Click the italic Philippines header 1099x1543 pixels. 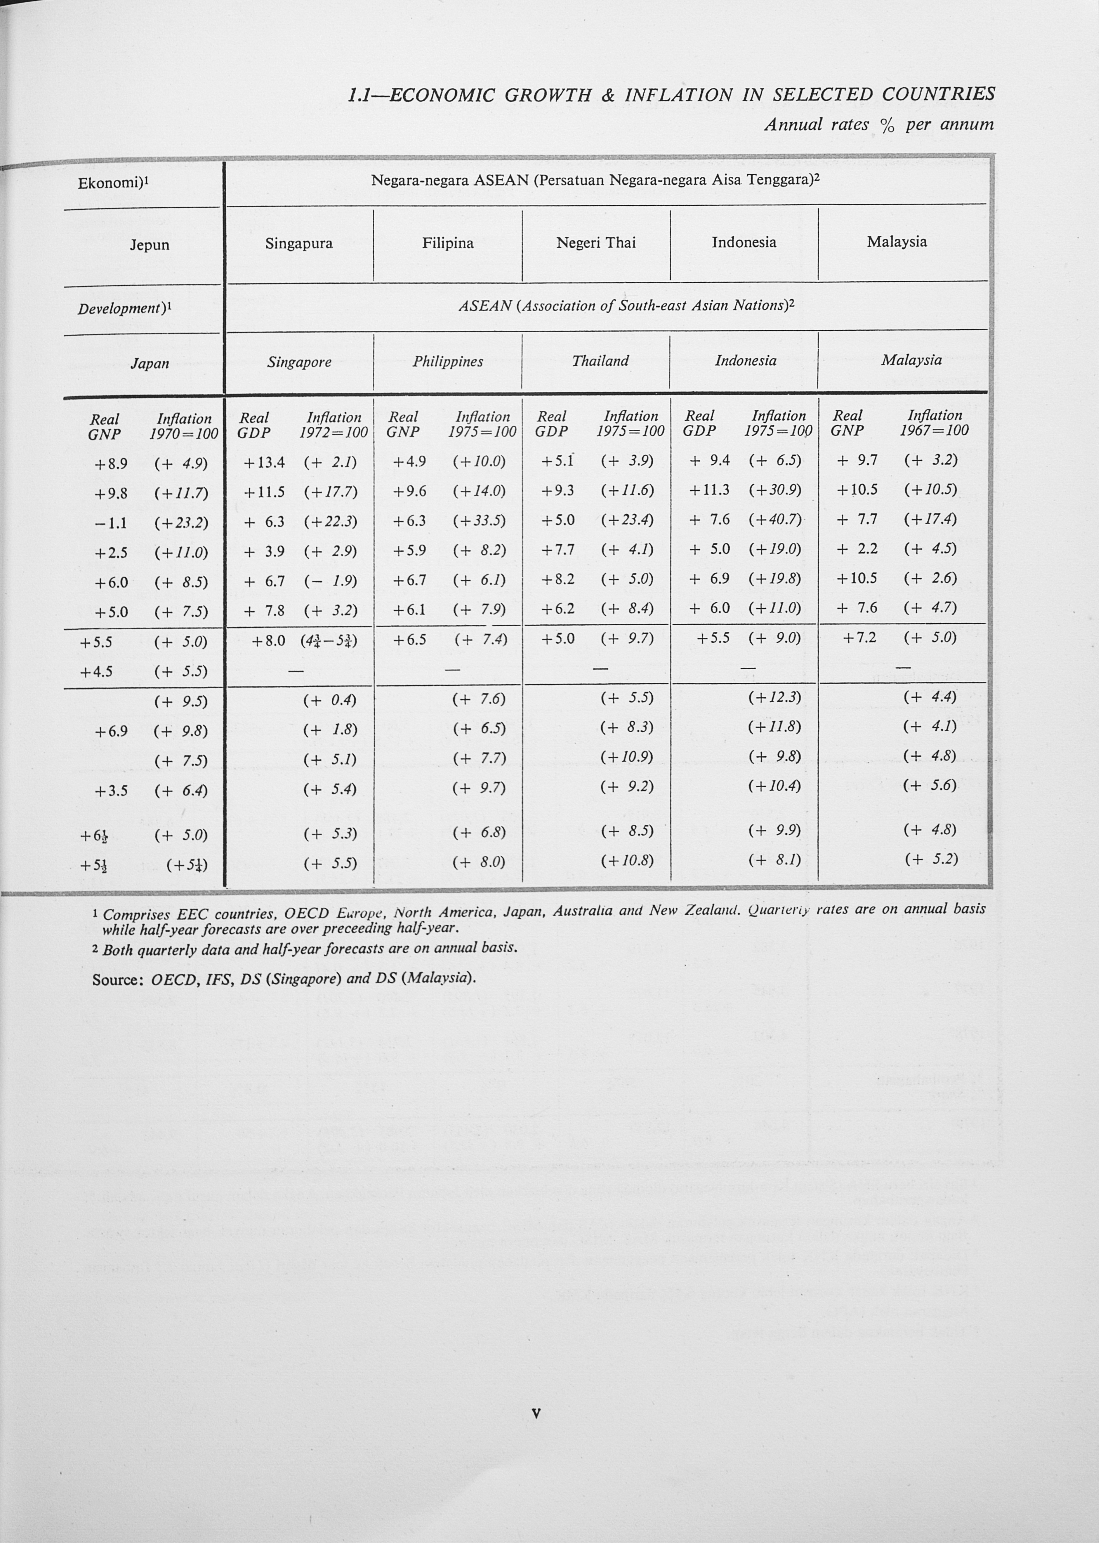click(x=448, y=361)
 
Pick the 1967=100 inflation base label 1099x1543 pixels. click(x=934, y=430)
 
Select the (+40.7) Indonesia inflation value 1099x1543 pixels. click(x=775, y=520)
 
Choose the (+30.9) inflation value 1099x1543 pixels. click(x=775, y=491)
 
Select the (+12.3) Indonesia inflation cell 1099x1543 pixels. click(x=775, y=697)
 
